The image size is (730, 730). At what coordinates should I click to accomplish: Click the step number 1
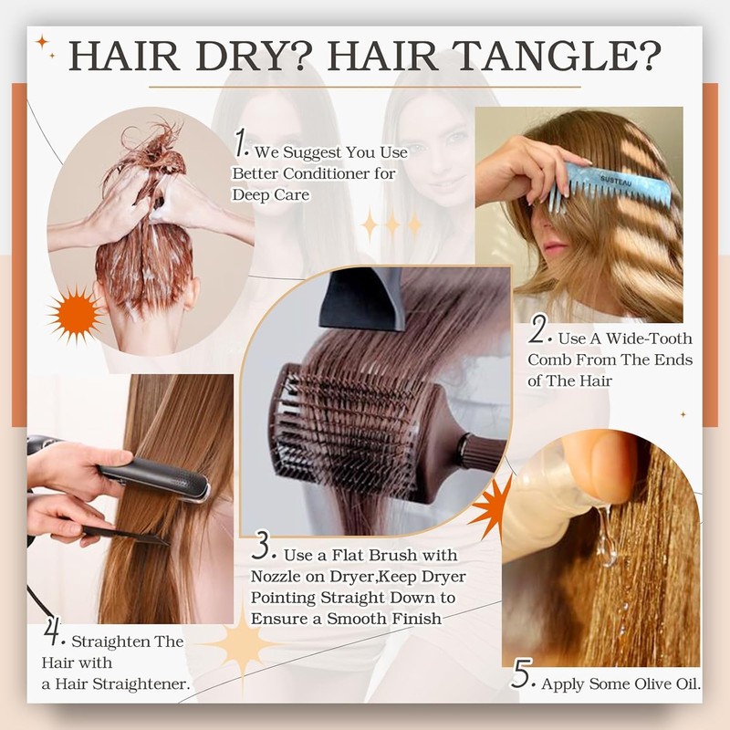coord(240,143)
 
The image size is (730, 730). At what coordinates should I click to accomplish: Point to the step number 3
coord(261,548)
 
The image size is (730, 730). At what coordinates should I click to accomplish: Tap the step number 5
coord(521,674)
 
